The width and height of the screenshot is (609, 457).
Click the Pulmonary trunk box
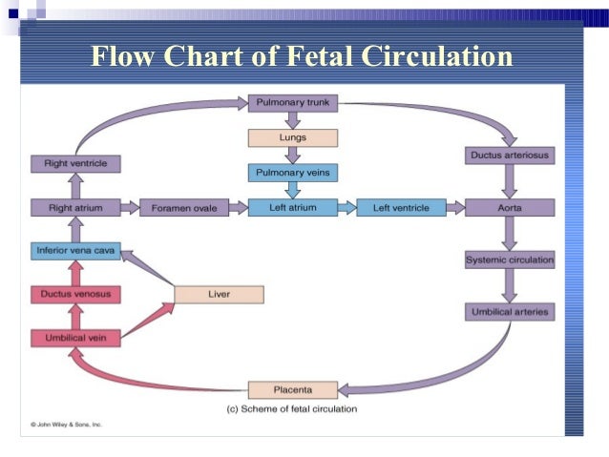292,101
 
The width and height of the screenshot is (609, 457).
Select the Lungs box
292,137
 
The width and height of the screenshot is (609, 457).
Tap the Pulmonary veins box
292,173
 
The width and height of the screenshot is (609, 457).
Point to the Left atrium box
292,207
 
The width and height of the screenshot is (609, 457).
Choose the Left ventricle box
401,207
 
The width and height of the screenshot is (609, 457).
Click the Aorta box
509,207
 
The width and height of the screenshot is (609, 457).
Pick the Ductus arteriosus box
509,156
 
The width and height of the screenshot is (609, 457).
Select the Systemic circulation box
509,260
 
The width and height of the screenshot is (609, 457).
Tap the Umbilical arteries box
509,312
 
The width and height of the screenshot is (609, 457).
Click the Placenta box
292,389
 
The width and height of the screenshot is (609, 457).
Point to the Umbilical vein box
75,338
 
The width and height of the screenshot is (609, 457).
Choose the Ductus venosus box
75,294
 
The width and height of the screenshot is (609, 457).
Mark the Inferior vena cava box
75,252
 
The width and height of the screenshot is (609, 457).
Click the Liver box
219,294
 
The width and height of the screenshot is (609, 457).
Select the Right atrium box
75,207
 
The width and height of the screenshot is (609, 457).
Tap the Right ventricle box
75,164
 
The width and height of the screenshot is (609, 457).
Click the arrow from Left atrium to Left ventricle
346,207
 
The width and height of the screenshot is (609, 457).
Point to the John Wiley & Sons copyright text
66,423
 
